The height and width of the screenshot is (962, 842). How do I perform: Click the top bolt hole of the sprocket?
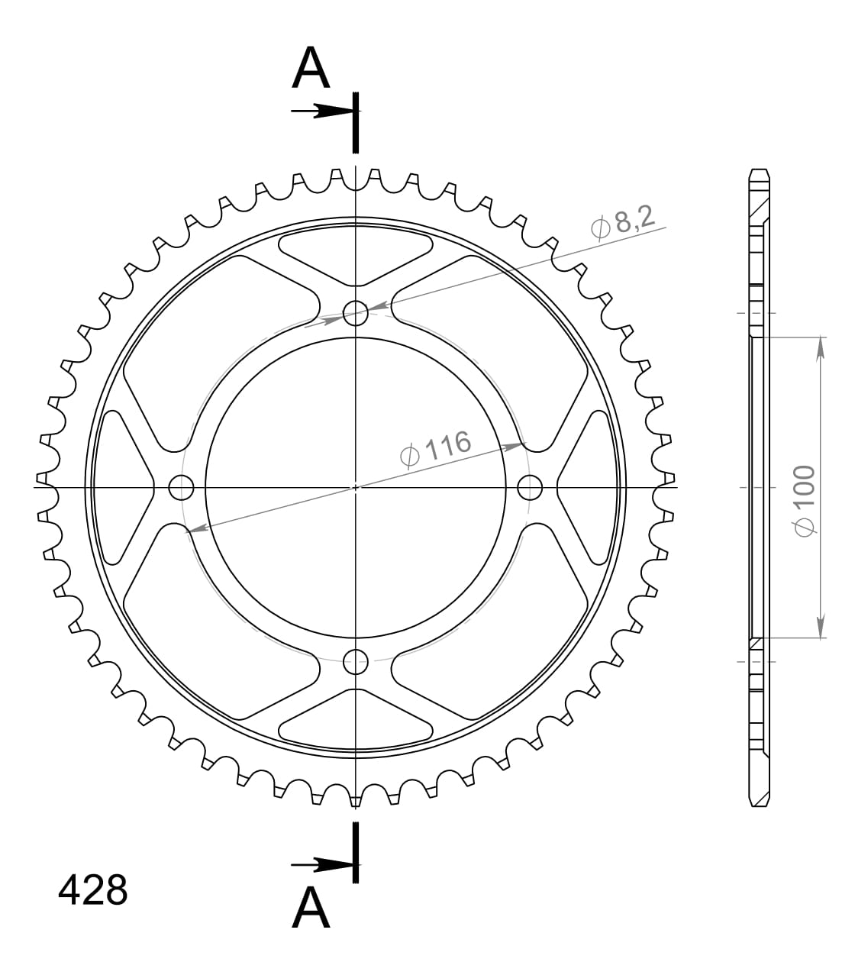[356, 312]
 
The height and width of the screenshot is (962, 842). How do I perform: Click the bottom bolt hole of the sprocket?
[356, 662]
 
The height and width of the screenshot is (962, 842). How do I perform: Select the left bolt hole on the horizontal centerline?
[181, 486]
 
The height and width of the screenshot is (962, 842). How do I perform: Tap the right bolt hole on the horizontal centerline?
[530, 486]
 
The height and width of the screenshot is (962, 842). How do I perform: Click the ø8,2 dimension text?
[623, 223]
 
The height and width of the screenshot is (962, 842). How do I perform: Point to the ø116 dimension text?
[435, 449]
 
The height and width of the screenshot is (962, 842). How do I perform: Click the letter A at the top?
[311, 69]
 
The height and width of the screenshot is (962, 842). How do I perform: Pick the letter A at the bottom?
[311, 907]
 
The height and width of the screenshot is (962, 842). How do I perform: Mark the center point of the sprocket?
[356, 486]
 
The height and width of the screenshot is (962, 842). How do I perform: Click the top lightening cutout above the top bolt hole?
[356, 255]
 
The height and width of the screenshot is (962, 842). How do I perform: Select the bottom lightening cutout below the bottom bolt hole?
[356, 717]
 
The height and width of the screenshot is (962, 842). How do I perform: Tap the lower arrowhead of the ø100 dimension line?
[821, 628]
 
